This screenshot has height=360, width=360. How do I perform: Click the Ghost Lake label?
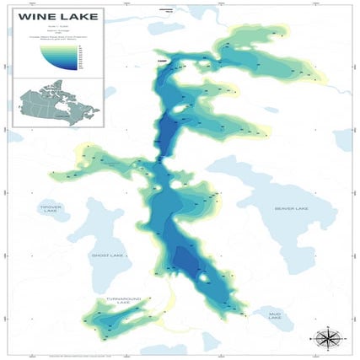[x=107, y=255]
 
